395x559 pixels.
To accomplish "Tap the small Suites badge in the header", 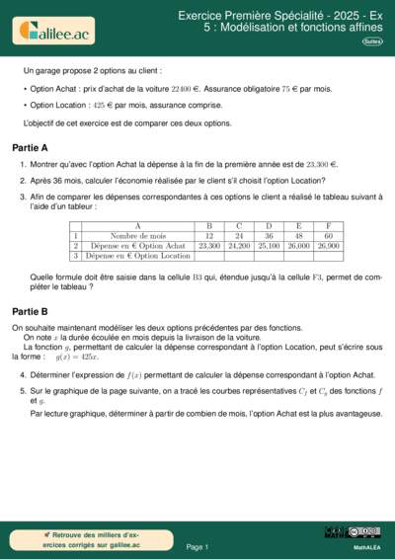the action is [372, 42].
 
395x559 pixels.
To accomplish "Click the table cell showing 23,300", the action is [209, 245].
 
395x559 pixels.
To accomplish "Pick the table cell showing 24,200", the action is [239, 245].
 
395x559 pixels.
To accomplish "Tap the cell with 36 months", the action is [269, 236].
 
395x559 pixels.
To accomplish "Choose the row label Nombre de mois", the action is [137, 236].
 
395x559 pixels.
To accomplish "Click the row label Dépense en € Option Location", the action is [137, 255].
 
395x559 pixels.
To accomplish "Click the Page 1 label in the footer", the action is [197, 546].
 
